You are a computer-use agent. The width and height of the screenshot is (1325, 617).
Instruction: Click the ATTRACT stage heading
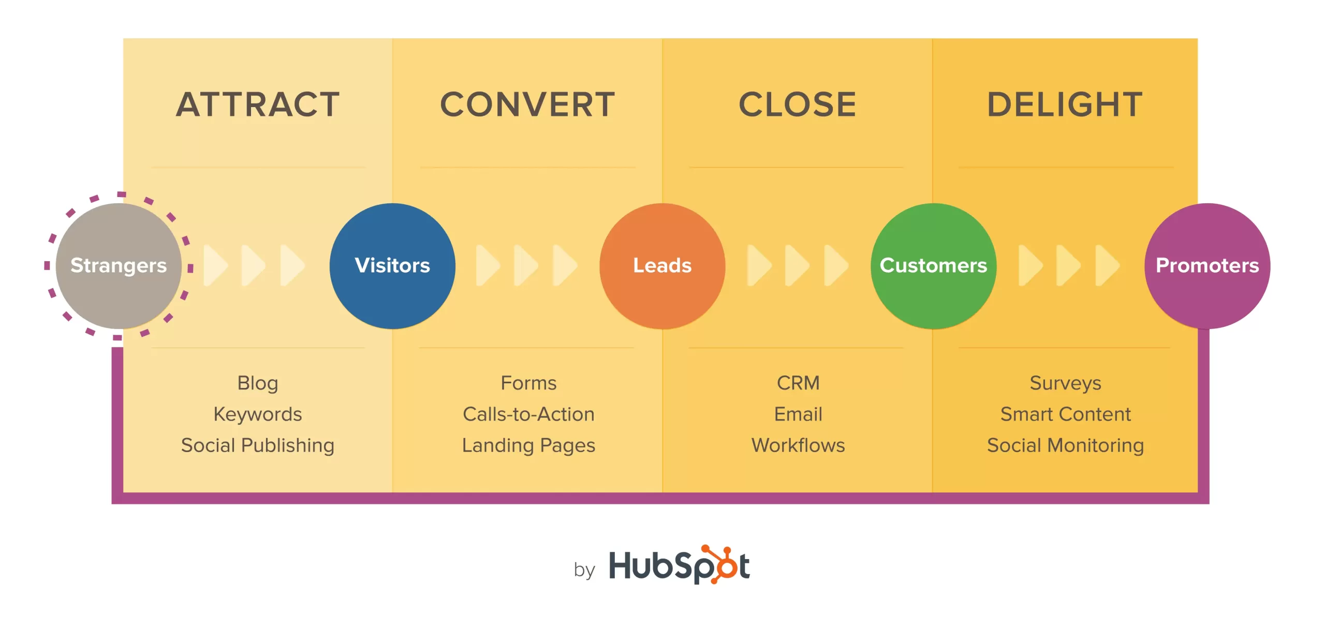pyautogui.click(x=258, y=104)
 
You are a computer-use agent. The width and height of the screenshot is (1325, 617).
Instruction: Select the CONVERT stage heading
pyautogui.click(x=527, y=104)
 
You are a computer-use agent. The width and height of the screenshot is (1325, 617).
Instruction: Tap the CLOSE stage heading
pyautogui.click(x=798, y=104)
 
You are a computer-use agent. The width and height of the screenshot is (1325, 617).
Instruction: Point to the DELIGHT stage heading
pyautogui.click(x=1065, y=104)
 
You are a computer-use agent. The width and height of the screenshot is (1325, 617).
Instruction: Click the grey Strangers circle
pyautogui.click(x=119, y=266)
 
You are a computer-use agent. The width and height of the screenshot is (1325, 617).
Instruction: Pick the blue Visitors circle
pyautogui.click(x=392, y=266)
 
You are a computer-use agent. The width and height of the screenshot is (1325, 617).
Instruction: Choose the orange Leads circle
pyautogui.click(x=662, y=266)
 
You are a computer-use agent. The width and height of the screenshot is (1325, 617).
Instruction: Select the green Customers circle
pyautogui.click(x=933, y=266)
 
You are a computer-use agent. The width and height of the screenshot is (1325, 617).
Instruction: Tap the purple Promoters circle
pyautogui.click(x=1207, y=266)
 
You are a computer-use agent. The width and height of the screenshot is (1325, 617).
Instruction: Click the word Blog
pyautogui.click(x=258, y=383)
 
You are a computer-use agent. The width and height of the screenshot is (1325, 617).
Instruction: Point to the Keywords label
pyautogui.click(x=258, y=414)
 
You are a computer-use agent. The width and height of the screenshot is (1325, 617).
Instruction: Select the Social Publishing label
pyautogui.click(x=258, y=445)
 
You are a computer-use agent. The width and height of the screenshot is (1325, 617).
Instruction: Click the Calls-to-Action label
pyautogui.click(x=528, y=414)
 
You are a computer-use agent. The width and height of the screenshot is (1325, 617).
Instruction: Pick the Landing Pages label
pyautogui.click(x=528, y=445)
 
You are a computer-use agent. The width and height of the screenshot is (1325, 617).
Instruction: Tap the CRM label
pyautogui.click(x=798, y=383)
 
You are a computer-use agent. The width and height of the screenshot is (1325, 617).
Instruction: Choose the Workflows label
pyautogui.click(x=798, y=445)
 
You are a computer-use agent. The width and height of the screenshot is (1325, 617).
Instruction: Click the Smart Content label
pyautogui.click(x=1065, y=414)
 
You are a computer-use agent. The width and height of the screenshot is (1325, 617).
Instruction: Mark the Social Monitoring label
pyautogui.click(x=1065, y=445)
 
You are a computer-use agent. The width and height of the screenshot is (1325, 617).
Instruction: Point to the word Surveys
pyautogui.click(x=1065, y=383)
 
